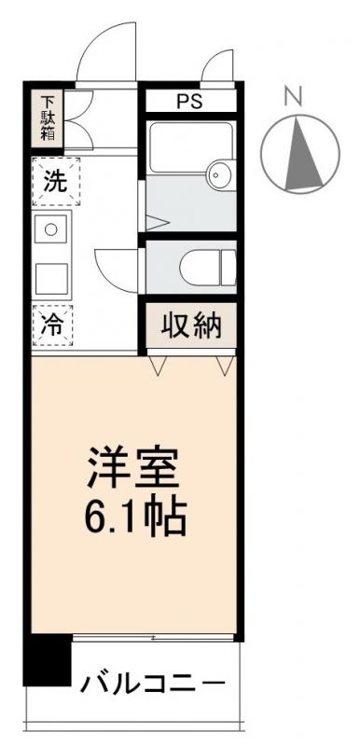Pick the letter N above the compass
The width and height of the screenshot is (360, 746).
pyautogui.click(x=293, y=95)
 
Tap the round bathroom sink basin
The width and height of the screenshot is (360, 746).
pyautogui.click(x=220, y=173)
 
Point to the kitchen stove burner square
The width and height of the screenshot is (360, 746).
pyautogui.click(x=51, y=229)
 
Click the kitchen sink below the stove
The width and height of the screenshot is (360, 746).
pyautogui.click(x=52, y=277)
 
